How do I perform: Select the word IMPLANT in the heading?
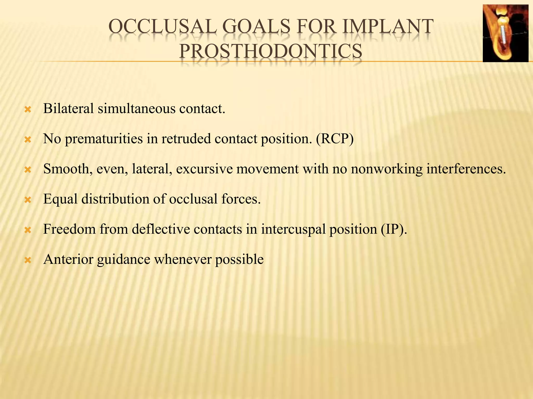click(388, 27)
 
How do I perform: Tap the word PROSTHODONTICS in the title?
click(270, 51)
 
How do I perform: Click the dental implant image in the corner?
click(505, 33)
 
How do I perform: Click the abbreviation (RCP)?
click(335, 139)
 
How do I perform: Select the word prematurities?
click(104, 139)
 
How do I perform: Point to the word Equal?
click(60, 199)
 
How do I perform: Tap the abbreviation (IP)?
click(394, 229)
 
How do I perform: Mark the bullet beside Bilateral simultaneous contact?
click(28, 110)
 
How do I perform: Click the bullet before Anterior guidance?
click(28, 260)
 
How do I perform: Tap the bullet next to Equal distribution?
click(28, 200)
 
